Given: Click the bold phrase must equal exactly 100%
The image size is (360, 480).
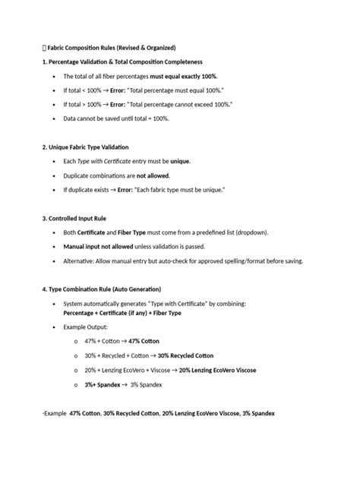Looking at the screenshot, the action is click(183, 77).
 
